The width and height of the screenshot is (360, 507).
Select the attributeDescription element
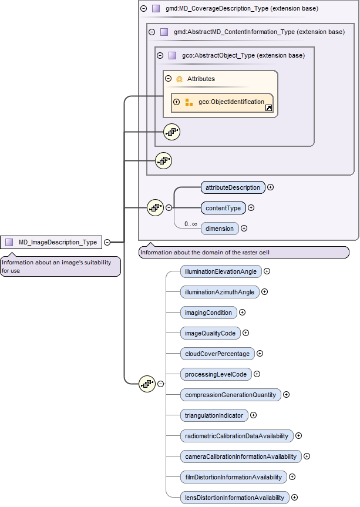point(233,187)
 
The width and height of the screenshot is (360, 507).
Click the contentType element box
point(223,208)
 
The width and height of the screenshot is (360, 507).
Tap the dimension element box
point(220,229)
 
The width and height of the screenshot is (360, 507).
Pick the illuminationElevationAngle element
point(220,271)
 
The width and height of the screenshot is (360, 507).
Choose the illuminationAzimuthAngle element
point(219,292)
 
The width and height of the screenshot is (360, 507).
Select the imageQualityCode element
point(210,333)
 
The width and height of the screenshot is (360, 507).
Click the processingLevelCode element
point(216,374)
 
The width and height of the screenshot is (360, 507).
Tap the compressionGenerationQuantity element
point(230,395)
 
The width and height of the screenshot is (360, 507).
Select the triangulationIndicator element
point(214,415)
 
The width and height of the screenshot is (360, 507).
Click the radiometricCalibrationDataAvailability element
point(236,436)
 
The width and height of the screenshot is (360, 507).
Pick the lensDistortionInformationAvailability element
point(234,498)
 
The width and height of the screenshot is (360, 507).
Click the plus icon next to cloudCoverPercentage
point(260,354)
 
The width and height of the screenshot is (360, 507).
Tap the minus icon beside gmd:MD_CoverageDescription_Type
point(144,9)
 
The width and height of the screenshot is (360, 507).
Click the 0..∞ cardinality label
point(190,224)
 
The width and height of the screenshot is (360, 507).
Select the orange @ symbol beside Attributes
point(180,79)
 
